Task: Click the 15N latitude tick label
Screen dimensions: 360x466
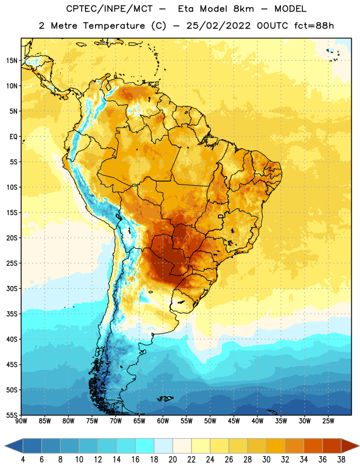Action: coord(12,61)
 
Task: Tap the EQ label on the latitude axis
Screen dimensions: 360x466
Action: coord(13,137)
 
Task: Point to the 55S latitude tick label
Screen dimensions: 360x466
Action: coord(12,415)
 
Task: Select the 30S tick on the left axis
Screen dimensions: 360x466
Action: coord(12,288)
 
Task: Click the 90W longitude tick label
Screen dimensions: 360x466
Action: coord(21,421)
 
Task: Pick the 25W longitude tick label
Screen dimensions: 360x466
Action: coord(328,421)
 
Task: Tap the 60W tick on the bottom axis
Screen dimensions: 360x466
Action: coord(163,421)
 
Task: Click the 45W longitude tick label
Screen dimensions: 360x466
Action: coord(234,421)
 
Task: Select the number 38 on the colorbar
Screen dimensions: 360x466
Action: coord(341,460)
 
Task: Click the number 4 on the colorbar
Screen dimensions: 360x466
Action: coord(23,460)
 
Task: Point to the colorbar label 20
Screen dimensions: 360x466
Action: coord(172,460)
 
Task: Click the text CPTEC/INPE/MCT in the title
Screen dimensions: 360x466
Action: coord(109,9)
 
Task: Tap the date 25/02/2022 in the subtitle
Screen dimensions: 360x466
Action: coord(218,26)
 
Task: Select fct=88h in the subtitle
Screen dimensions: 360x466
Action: coord(314,26)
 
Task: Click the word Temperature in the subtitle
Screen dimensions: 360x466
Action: coord(114,26)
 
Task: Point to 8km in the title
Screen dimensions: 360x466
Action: coord(243,9)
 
